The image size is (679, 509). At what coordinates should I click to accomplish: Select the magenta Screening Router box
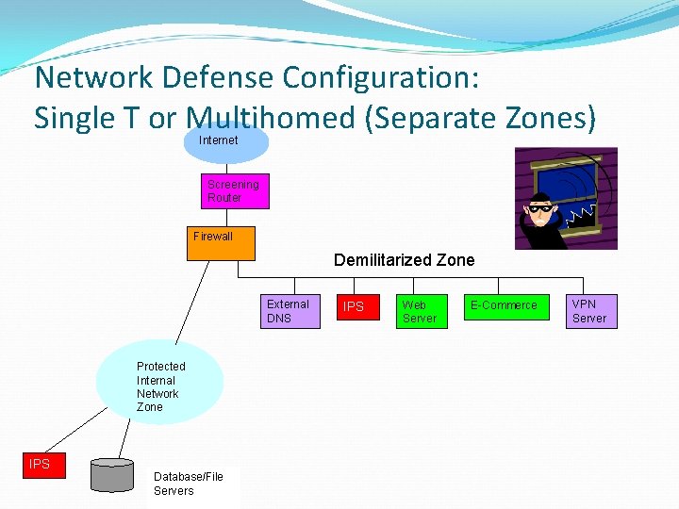234,191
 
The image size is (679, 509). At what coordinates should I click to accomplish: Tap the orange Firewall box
220,243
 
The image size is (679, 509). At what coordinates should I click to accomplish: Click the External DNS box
290,311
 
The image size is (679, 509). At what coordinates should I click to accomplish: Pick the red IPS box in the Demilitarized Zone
354,307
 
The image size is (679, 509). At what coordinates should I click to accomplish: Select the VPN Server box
591,311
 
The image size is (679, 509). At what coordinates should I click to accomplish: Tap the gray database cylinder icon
112,475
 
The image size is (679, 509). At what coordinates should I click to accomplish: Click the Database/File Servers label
190,484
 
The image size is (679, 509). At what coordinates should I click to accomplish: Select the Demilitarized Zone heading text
405,260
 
